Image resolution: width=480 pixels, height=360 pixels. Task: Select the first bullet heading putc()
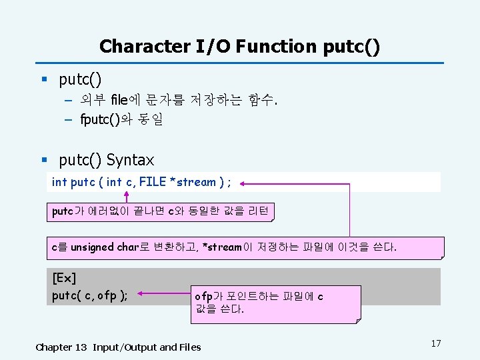(x=80, y=81)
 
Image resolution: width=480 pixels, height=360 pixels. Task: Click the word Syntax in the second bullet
(x=130, y=160)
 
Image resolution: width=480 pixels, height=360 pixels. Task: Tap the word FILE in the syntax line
(x=152, y=182)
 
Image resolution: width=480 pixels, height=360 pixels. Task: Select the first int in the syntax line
(x=59, y=182)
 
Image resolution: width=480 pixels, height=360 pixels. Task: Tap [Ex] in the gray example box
(x=64, y=277)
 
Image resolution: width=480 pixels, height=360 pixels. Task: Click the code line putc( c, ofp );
(x=90, y=295)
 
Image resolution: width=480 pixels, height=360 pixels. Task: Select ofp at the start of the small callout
(x=203, y=296)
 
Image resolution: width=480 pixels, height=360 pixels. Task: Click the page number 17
(x=436, y=343)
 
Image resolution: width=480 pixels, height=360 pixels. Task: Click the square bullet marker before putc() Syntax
(x=44, y=161)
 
